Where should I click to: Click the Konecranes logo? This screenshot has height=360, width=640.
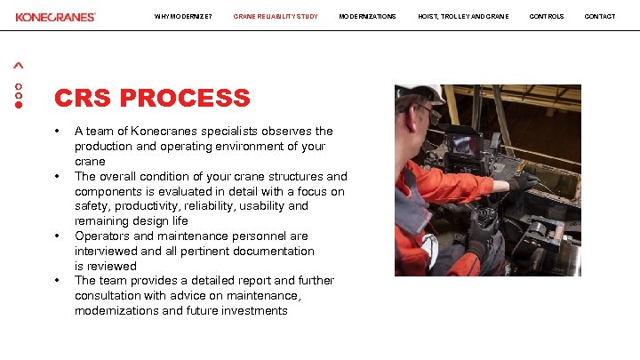55,17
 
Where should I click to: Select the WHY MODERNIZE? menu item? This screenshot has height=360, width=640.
183,17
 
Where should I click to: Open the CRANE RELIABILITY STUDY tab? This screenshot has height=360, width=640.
276,17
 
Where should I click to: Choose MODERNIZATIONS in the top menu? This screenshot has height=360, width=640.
367,17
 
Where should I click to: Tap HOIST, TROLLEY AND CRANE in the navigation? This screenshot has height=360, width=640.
463,17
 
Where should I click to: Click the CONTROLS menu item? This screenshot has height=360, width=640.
546,17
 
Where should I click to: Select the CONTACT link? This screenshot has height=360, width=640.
599,17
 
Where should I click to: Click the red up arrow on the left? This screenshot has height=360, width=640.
19,66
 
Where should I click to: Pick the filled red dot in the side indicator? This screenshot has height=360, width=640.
19,104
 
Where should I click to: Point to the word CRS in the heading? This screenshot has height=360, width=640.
83,98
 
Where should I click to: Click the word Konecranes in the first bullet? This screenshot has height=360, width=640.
163,131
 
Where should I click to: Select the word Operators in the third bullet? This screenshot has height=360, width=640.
102,236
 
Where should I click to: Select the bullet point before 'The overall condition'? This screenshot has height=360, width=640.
57,176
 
